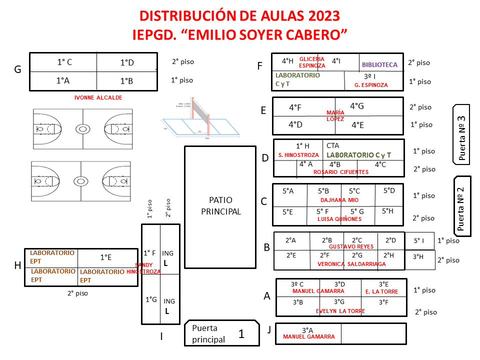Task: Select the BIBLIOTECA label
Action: pyautogui.click(x=379, y=65)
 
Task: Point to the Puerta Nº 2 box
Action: pyautogui.click(x=462, y=205)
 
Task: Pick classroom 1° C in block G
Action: pyautogui.click(x=63, y=62)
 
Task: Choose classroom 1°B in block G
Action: pyautogui.click(x=126, y=81)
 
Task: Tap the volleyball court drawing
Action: pyautogui.click(x=200, y=120)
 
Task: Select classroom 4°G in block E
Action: pyautogui.click(x=356, y=106)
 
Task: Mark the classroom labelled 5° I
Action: pyautogui.click(x=419, y=240)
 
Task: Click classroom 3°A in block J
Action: pyautogui.click(x=307, y=330)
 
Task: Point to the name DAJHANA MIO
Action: pyautogui.click(x=339, y=200)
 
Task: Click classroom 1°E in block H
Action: pyautogui.click(x=105, y=257)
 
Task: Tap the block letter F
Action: pyautogui.click(x=259, y=66)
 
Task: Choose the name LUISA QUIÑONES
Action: pyautogui.click(x=339, y=219)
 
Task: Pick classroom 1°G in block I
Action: pyautogui.click(x=151, y=299)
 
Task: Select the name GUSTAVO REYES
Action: pyautogui.click(x=351, y=246)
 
